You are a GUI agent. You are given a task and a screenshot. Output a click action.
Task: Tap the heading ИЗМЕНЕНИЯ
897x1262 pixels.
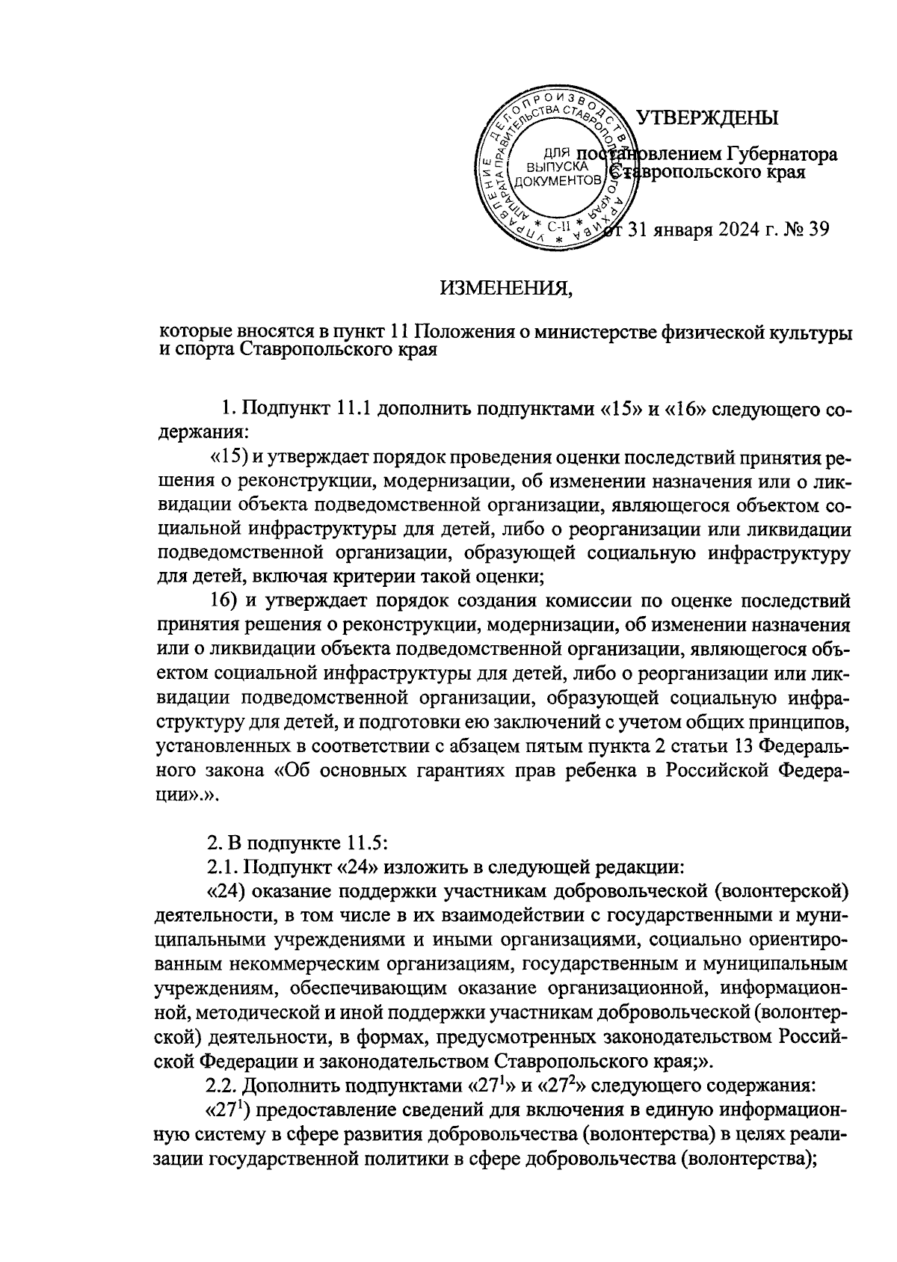(505, 288)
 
